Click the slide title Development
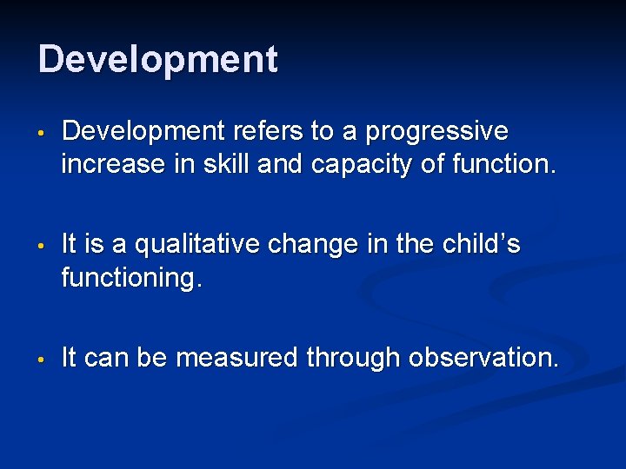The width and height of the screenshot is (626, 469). click(x=158, y=60)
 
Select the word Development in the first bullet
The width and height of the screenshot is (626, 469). click(x=143, y=132)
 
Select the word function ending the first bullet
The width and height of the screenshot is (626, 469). click(x=503, y=163)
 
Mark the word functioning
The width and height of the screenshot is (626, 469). click(x=130, y=278)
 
